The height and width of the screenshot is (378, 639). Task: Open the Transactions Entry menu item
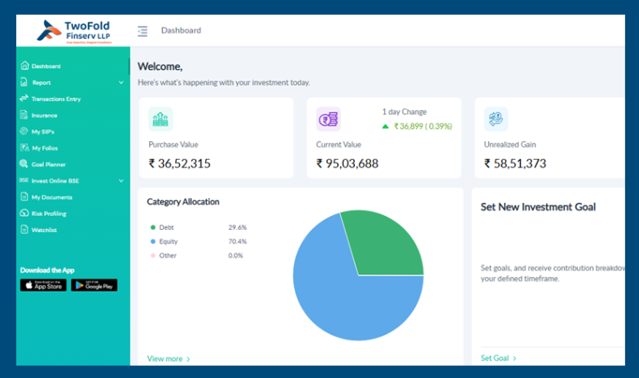[55, 99]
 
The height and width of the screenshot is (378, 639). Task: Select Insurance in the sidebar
[44, 115]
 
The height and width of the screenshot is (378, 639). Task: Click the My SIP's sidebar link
[43, 131]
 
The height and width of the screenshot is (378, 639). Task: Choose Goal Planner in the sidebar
[48, 164]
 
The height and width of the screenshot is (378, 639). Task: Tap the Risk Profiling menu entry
[49, 213]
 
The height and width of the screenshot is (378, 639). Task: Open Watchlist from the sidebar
[44, 230]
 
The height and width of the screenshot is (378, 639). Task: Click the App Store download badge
[43, 285]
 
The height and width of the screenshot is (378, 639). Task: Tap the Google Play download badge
[94, 285]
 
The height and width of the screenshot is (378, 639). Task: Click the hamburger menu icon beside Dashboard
[142, 31]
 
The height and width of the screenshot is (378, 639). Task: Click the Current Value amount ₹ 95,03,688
[348, 163]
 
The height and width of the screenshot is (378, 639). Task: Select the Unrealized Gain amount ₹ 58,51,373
[515, 163]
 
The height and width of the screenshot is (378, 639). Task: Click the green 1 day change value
[422, 126]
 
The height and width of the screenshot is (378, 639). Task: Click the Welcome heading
[160, 67]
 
